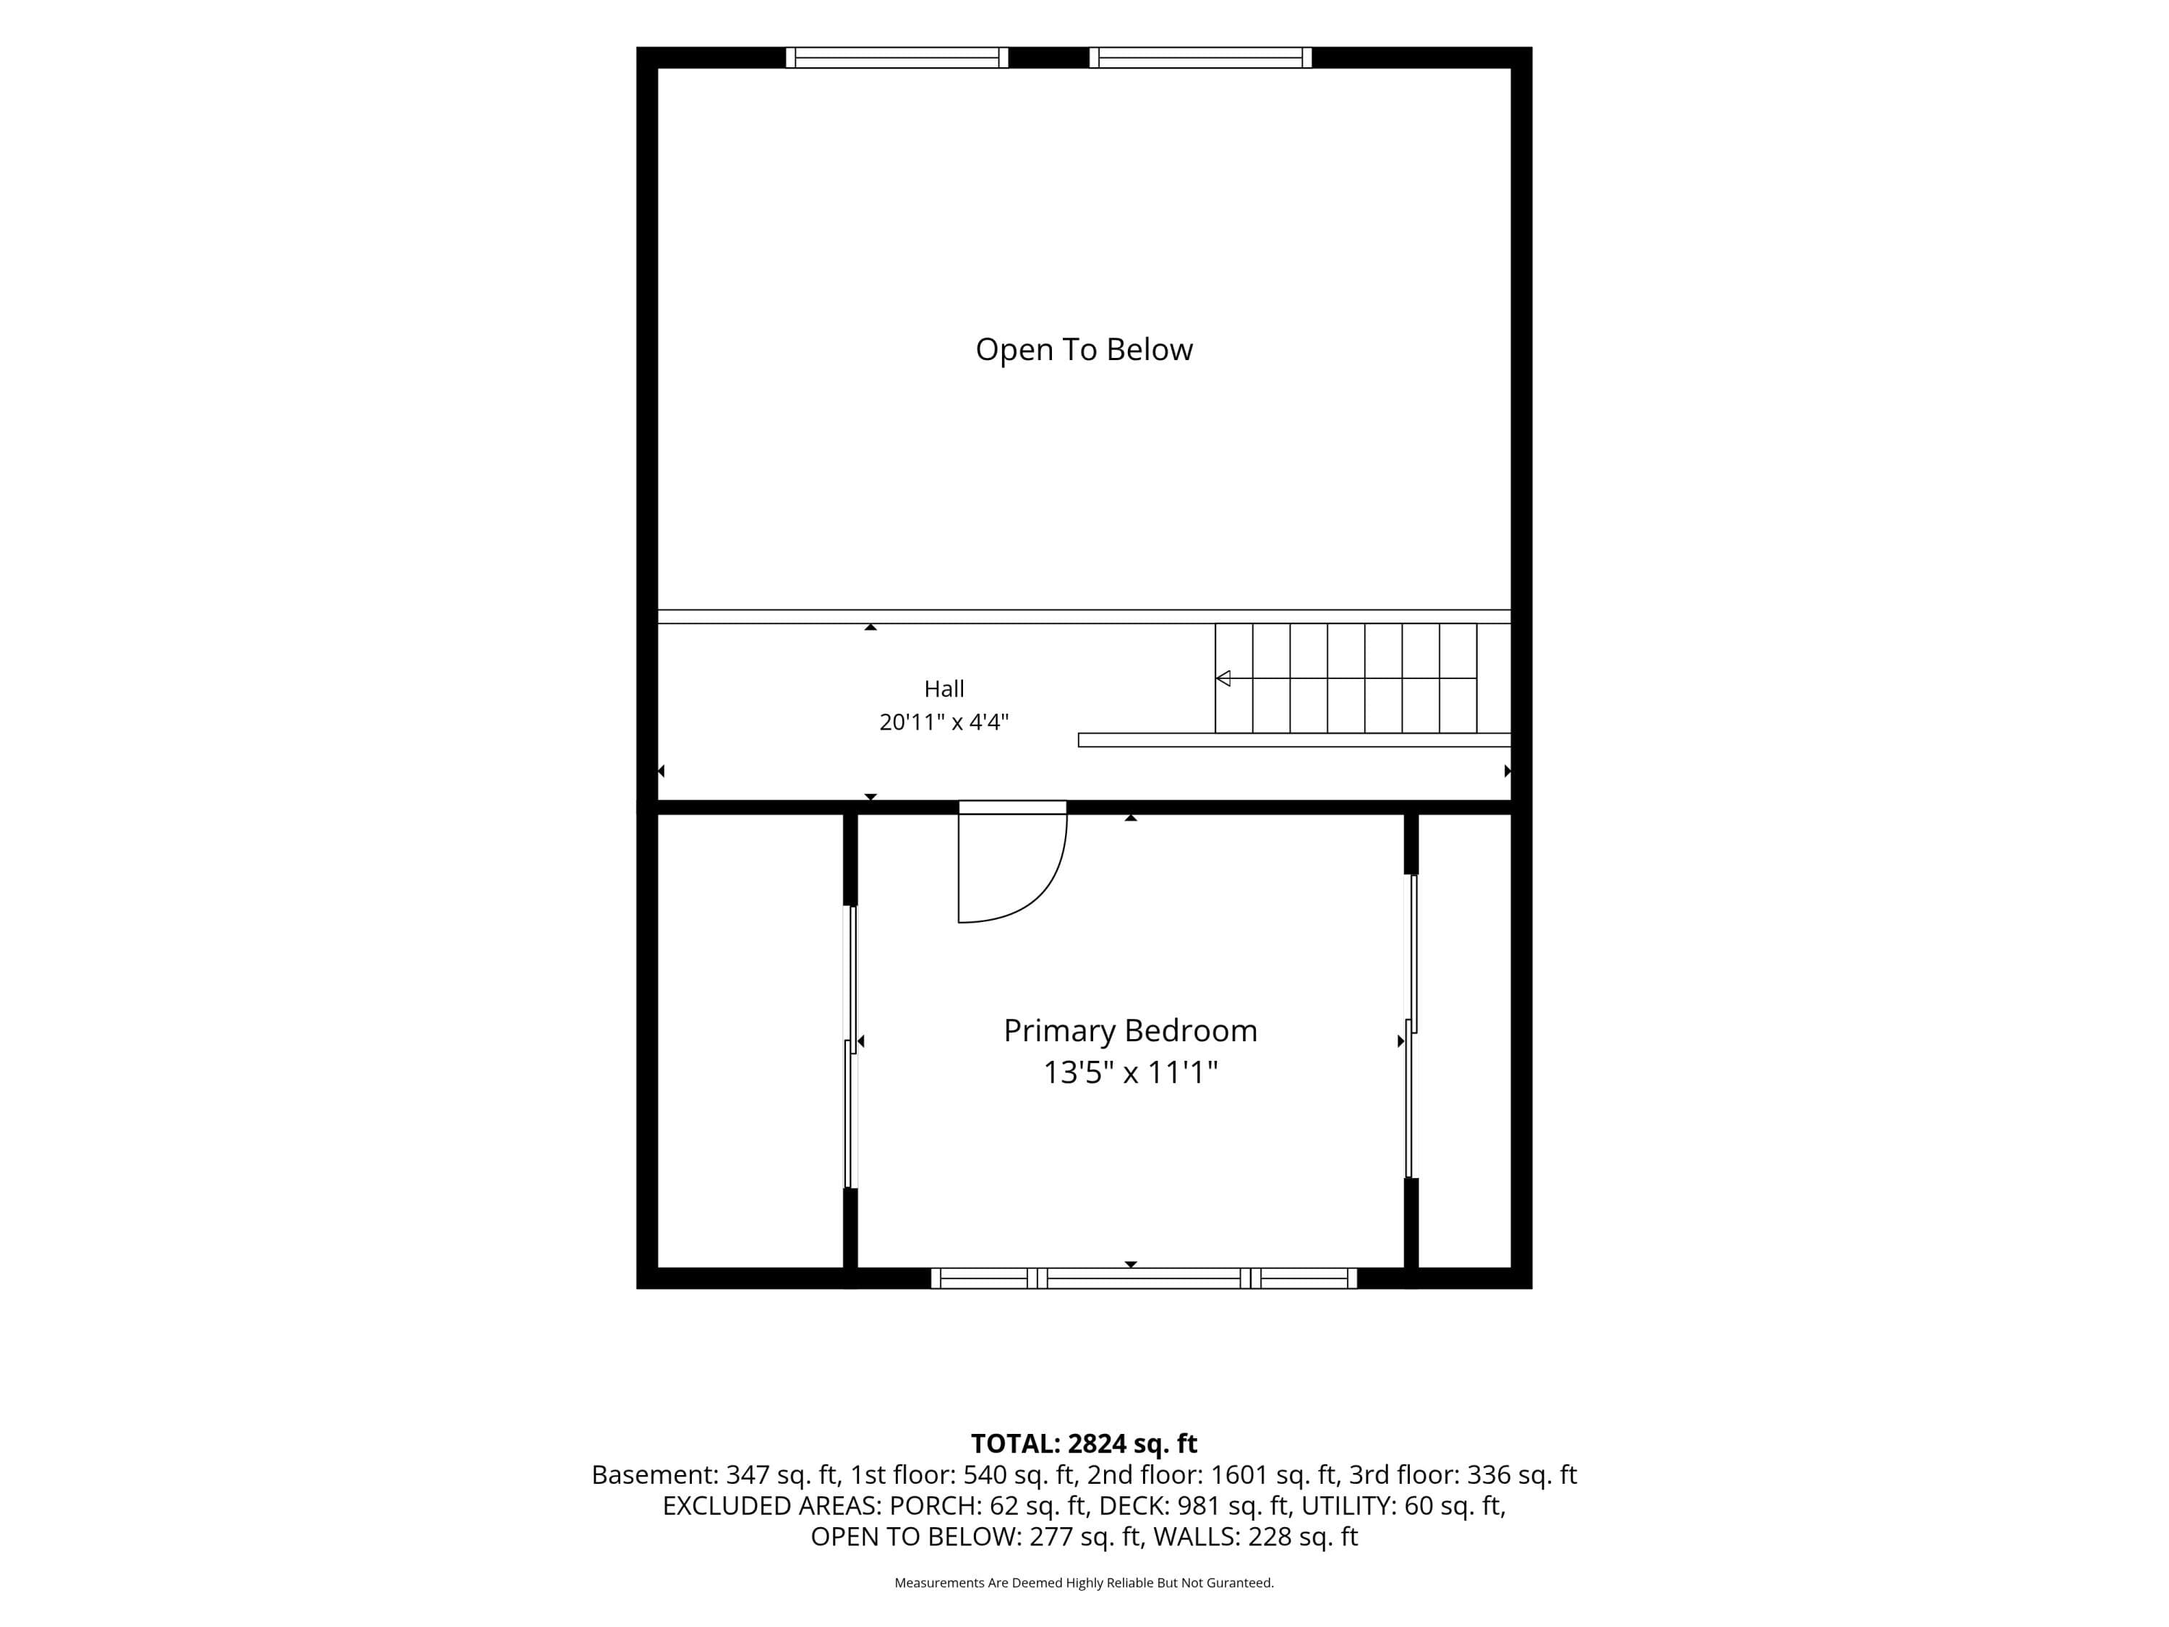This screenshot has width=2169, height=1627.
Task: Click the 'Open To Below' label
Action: pyautogui.click(x=1084, y=350)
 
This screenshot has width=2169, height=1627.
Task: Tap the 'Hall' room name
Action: pyautogui.click(x=944, y=688)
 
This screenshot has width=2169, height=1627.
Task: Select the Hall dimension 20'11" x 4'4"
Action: pyautogui.click(x=944, y=723)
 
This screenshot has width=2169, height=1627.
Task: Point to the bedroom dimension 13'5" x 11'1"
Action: pyautogui.click(x=1131, y=1073)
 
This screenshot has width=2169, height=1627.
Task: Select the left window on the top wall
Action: pyautogui.click(x=897, y=58)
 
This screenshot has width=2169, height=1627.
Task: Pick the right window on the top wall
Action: pyautogui.click(x=1200, y=58)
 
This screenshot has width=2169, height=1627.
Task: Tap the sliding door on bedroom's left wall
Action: pyautogui.click(x=851, y=1046)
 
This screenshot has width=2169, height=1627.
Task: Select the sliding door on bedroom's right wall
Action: pyautogui.click(x=1411, y=1026)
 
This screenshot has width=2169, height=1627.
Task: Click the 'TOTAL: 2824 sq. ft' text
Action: pyautogui.click(x=1084, y=1443)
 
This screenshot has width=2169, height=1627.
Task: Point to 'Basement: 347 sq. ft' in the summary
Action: pyautogui.click(x=714, y=1475)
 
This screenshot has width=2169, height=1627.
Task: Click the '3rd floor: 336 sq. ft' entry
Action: pyautogui.click(x=1463, y=1475)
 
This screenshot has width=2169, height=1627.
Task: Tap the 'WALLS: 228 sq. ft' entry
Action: pyautogui.click(x=1255, y=1537)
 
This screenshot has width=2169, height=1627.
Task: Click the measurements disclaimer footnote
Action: pyautogui.click(x=1084, y=1582)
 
